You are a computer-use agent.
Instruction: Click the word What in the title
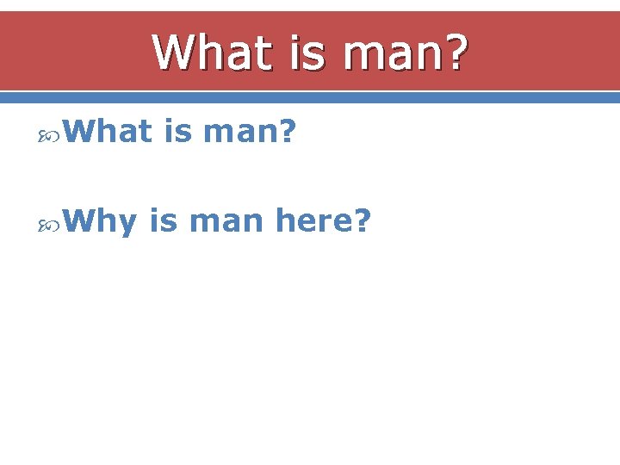pyautogui.click(x=204, y=53)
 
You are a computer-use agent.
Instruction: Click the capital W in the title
pyautogui.click(x=171, y=53)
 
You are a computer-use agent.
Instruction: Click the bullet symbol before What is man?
pyautogui.click(x=49, y=133)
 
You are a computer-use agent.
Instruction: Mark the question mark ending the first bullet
pyautogui.click(x=288, y=132)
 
